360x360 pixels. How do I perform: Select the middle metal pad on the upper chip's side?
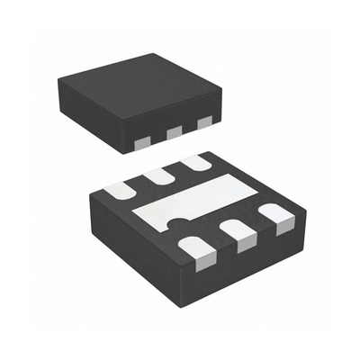pyautogui.click(x=174, y=131)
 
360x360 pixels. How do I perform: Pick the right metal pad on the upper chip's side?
pyautogui.click(x=204, y=121)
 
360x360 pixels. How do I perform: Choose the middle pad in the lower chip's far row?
pyautogui.click(x=159, y=176)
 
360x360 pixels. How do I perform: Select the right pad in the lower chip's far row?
pyautogui.click(x=194, y=164)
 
